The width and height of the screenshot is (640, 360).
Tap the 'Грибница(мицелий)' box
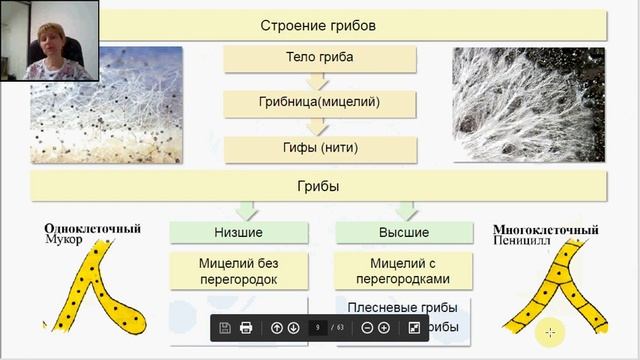coord(319,102)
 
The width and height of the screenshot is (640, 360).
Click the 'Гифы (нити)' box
coord(319,148)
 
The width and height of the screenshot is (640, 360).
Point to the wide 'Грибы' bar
coord(319,185)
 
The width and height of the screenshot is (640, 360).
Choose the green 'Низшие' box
coord(238,232)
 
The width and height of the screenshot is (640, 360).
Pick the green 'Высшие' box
coord(404,232)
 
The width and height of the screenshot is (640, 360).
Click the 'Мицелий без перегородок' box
coord(238,269)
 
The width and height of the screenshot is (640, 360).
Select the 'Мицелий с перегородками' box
coord(404,269)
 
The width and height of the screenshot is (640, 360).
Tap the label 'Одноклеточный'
coord(91,228)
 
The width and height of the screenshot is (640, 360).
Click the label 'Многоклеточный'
coord(539,228)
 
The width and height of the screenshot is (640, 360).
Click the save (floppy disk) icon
coord(225,328)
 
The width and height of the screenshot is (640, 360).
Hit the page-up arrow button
coord(277,328)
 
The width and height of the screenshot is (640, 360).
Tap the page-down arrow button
coord(293,328)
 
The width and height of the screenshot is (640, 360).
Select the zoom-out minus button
coord(367,328)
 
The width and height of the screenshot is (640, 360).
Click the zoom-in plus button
coord(383,328)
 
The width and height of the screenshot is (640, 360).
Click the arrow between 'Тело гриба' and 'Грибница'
coord(319,80)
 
